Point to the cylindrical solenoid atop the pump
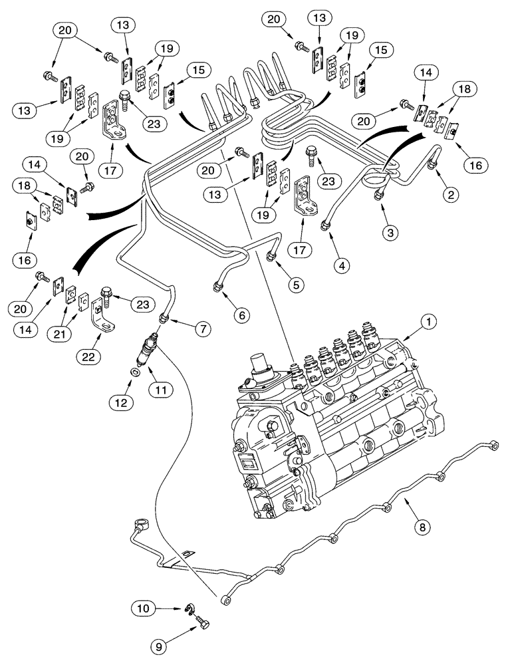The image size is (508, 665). point(261,367)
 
